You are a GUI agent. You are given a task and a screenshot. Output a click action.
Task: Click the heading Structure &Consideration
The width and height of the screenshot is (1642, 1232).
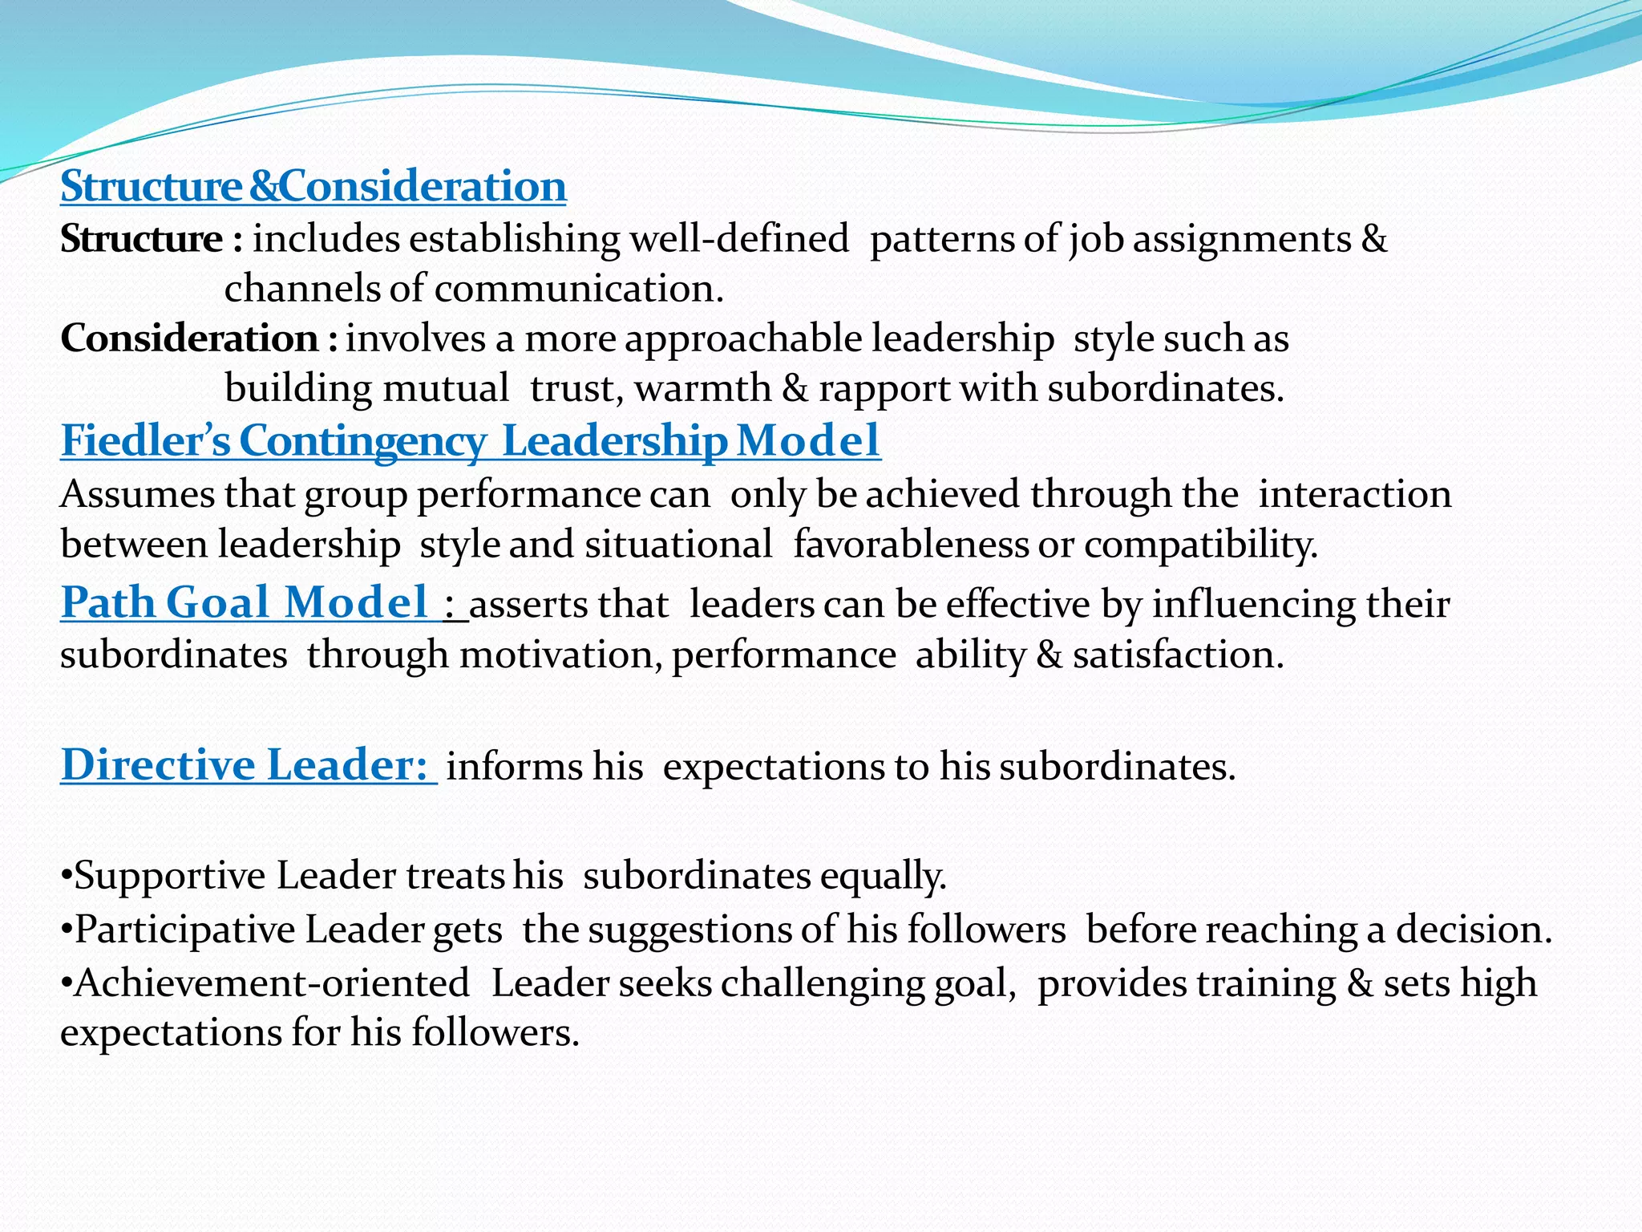pyautogui.click(x=313, y=186)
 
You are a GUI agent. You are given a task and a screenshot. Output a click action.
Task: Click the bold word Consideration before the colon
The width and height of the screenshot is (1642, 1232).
pyautogui.click(x=189, y=338)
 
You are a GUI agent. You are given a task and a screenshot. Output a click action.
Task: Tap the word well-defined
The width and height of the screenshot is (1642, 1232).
pyautogui.click(x=738, y=239)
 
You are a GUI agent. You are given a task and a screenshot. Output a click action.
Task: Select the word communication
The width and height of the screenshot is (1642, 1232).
pyautogui.click(x=578, y=289)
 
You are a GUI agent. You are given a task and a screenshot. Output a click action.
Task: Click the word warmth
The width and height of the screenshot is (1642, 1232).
pyautogui.click(x=702, y=388)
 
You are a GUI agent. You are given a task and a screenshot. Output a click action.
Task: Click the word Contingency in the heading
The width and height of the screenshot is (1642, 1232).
pyautogui.click(x=362, y=440)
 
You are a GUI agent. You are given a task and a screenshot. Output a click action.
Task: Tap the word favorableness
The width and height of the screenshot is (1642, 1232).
pyautogui.click(x=911, y=544)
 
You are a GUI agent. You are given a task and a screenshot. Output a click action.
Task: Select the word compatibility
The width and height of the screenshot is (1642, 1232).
pyautogui.click(x=1200, y=544)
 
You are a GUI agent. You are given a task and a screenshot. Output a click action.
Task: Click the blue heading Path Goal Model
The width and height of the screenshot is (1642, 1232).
pyautogui.click(x=245, y=602)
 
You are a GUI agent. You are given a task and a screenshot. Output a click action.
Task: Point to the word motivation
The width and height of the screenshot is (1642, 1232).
pyautogui.click(x=560, y=654)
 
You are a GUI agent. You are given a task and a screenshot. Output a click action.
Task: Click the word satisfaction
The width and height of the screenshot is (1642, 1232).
pyautogui.click(x=1178, y=654)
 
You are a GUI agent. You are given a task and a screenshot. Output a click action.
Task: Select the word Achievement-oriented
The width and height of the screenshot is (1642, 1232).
pyautogui.click(x=272, y=983)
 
